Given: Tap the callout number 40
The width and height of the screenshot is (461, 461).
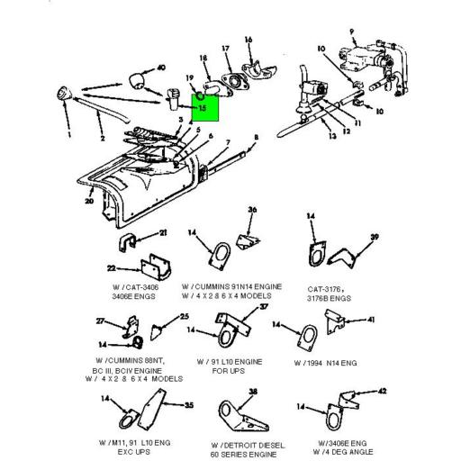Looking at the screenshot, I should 161,68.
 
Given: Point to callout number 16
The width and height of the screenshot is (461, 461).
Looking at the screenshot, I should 249,39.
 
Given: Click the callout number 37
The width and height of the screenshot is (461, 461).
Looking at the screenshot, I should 264,306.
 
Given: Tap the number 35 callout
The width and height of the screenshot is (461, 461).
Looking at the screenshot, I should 189,405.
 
